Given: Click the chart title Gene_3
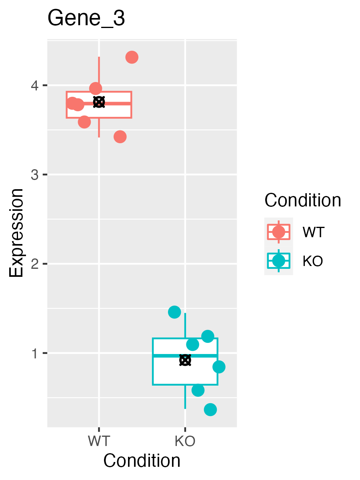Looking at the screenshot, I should click(x=86, y=19).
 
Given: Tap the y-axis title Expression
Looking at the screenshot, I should click(x=17, y=233).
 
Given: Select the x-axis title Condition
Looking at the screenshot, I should click(x=142, y=461).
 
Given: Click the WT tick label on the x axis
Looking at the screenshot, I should click(x=99, y=441).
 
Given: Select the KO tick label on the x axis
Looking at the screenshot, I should click(x=185, y=441).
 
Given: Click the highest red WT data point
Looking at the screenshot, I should click(x=132, y=57).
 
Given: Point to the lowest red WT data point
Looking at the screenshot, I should click(x=120, y=137).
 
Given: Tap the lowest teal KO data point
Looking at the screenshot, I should click(x=210, y=410).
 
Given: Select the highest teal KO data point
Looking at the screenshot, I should click(x=174, y=312).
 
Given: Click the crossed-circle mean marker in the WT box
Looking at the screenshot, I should click(x=99, y=102).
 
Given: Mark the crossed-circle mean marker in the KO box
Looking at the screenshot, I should click(x=185, y=360).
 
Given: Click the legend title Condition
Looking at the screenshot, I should click(x=303, y=200).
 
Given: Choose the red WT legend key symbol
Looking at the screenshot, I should click(x=278, y=232).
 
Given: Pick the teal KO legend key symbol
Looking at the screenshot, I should click(x=278, y=261).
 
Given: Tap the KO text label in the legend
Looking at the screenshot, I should click(x=313, y=261).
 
